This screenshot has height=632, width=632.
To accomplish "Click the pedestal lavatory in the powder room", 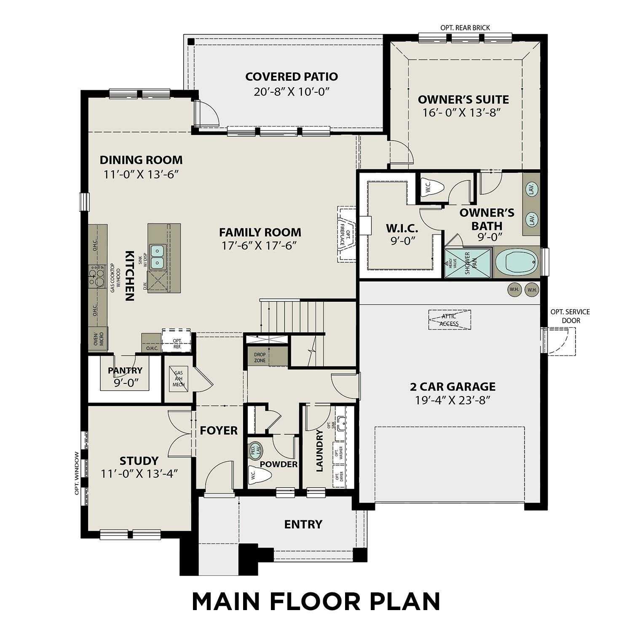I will tap(256, 449).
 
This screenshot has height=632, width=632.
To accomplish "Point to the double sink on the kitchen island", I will tap(158, 257).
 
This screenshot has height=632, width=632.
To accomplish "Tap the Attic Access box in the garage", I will tap(450, 320).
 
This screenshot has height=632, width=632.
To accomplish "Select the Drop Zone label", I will tap(260, 357).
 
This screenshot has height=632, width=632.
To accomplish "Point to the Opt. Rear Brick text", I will tap(465, 28).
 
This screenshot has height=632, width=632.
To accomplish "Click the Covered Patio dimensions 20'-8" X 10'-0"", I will tap(291, 92).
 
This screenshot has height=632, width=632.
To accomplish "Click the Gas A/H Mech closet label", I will tap(178, 379).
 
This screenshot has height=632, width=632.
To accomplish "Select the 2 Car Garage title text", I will tap(453, 386).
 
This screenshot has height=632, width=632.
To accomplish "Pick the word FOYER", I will tap(219, 431).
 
